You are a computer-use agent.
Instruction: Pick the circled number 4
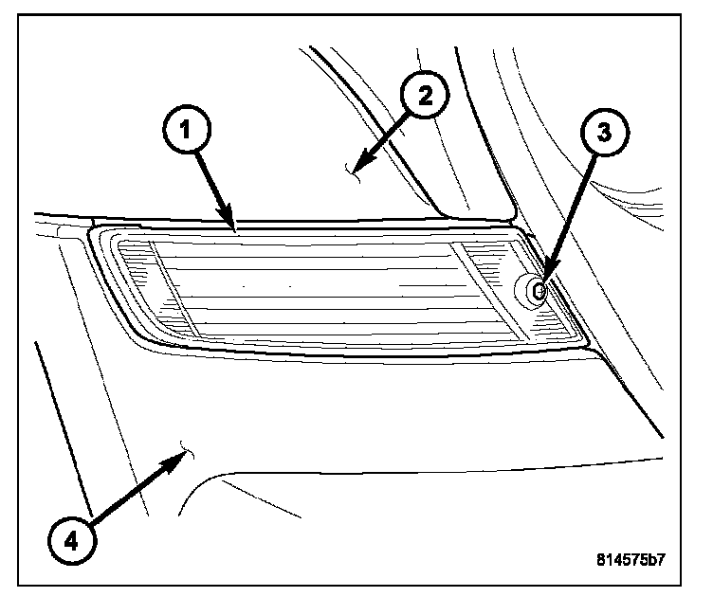(73, 539)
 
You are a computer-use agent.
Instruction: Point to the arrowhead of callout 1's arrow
(233, 226)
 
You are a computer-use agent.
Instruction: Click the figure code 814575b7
(626, 559)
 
